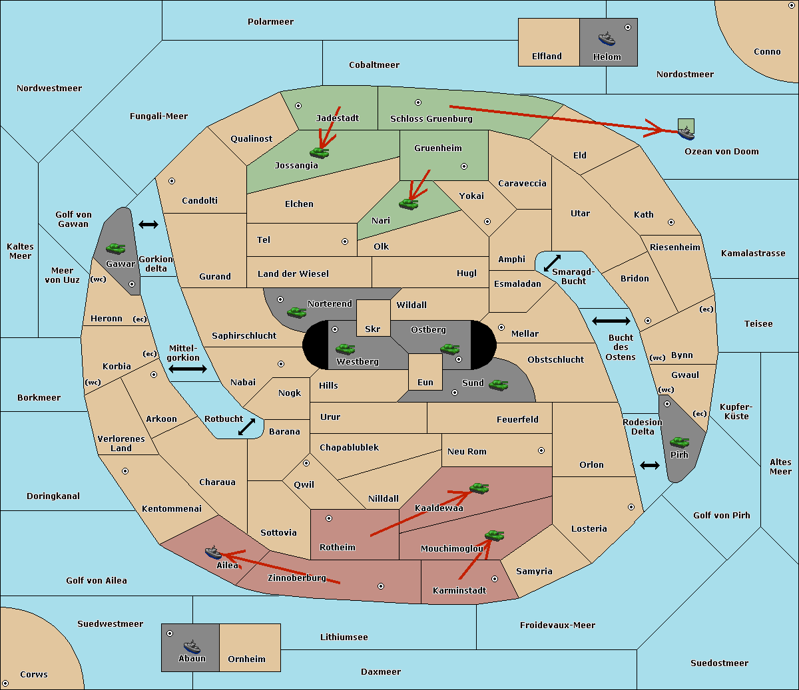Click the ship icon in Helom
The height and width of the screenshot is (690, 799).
pos(607,39)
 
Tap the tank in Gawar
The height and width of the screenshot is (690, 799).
pos(116,248)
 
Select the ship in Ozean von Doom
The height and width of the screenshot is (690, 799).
pos(686,133)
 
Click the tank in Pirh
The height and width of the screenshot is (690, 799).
pos(679,442)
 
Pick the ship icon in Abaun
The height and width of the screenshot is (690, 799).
pos(192,646)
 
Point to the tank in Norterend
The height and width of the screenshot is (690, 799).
pos(296,312)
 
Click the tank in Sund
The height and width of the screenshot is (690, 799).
pos(498,385)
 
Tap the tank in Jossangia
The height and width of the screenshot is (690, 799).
pos(320,152)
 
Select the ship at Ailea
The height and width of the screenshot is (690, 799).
pos(213,552)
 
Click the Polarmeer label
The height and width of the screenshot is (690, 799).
pos(270,22)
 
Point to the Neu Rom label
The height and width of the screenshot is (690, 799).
pos(467,451)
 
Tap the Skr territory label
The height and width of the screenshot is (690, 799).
pos(373,329)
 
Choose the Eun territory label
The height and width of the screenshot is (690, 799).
pos(425,382)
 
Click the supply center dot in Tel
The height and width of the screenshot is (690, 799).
pos(345,242)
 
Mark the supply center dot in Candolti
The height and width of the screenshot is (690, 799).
pos(172,181)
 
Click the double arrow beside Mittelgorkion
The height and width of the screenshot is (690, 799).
pos(188,369)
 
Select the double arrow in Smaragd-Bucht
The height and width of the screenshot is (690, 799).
pos(552,263)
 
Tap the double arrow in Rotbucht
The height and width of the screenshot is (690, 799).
pos(246,427)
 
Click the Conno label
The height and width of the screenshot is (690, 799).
pos(767,51)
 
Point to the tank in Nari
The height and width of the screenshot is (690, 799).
pos(409,204)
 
